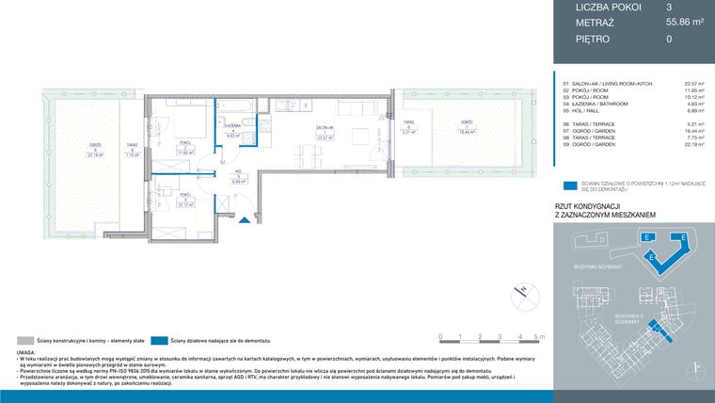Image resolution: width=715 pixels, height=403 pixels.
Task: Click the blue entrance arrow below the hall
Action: pos(245,219)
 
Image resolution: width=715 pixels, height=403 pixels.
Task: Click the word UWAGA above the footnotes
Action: pos(25,351)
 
